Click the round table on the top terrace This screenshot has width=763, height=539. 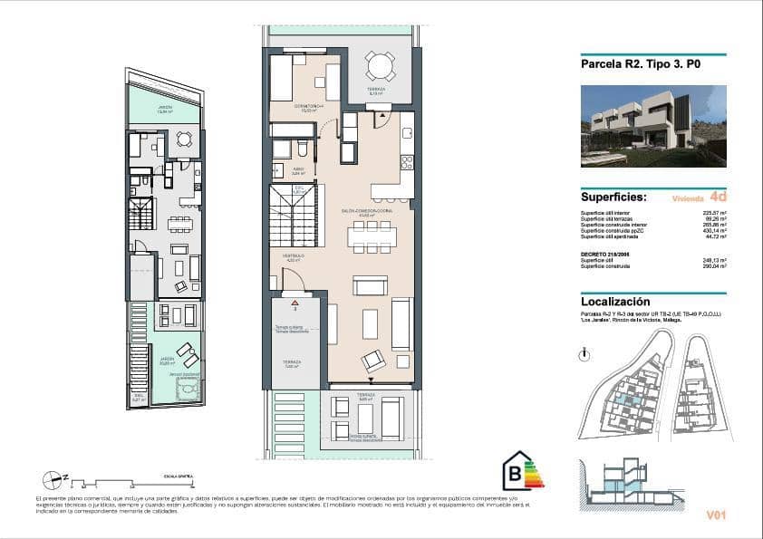tap(380, 67)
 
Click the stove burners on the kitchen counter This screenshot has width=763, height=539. tap(407, 163)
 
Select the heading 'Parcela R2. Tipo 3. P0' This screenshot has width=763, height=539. tap(641, 64)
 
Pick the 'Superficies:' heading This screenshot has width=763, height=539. tap(613, 197)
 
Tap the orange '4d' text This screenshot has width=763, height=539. tap(718, 196)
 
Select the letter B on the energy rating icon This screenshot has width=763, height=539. tap(514, 472)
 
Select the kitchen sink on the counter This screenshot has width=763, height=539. tap(407, 132)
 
